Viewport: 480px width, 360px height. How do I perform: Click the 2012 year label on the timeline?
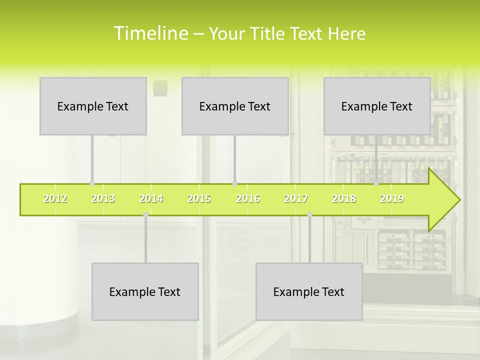[55, 198]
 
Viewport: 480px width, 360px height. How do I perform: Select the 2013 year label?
[103, 198]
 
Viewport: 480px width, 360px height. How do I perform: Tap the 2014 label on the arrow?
[151, 198]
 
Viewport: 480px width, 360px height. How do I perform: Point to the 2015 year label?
[199, 198]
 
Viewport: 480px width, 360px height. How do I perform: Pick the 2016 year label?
[248, 198]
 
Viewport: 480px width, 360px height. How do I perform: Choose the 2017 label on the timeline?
[296, 198]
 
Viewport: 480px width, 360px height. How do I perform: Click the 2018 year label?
[344, 198]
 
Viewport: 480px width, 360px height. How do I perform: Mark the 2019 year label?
[392, 198]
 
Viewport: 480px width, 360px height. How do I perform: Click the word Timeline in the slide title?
[150, 33]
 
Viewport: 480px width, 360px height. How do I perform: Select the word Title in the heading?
[269, 33]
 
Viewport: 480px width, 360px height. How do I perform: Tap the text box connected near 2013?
[93, 106]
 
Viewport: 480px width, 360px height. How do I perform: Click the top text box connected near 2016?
[235, 106]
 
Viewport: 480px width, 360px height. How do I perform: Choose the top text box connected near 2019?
[377, 106]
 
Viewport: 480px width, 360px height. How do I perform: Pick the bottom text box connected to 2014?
[145, 291]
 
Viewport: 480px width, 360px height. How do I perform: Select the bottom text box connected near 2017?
[309, 291]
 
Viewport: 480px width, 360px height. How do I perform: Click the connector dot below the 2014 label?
[145, 214]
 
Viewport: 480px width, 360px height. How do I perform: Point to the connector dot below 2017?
[309, 214]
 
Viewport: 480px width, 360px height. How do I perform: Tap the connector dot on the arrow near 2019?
[376, 183]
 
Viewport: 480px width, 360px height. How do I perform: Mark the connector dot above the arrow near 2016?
[234, 183]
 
